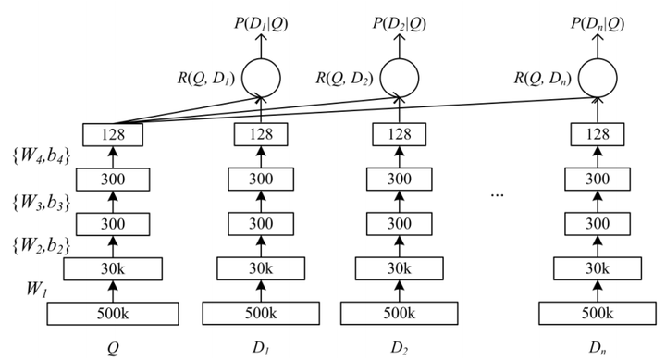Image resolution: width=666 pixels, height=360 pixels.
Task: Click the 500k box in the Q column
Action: point(112,314)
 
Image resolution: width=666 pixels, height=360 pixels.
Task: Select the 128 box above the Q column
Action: point(112,135)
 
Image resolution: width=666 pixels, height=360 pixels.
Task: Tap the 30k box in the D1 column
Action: point(264,268)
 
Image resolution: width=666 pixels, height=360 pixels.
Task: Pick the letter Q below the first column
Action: point(112,350)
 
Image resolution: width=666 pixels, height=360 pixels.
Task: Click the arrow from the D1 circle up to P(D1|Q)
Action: point(264,39)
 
